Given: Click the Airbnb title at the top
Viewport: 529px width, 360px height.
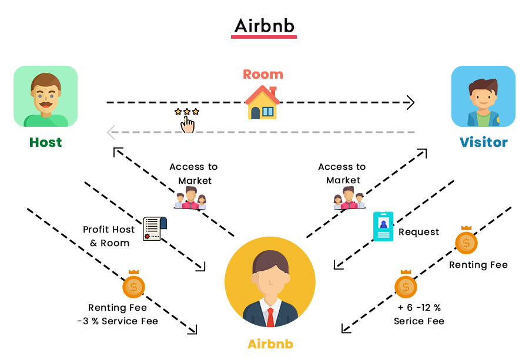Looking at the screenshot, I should pyautogui.click(x=264, y=26).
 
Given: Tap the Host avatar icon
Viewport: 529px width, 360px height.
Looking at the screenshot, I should pyautogui.click(x=46, y=96).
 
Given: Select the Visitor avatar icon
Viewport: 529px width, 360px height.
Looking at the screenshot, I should pyautogui.click(x=483, y=96).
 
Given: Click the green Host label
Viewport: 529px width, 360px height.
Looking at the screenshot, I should pyautogui.click(x=46, y=142).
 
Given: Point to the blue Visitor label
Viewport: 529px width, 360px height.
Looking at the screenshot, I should pyautogui.click(x=483, y=142).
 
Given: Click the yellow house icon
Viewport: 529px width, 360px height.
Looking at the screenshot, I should pyautogui.click(x=262, y=103).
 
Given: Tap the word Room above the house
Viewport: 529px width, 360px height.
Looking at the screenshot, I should pyautogui.click(x=263, y=75).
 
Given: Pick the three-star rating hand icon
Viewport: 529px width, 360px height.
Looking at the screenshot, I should pyautogui.click(x=187, y=120).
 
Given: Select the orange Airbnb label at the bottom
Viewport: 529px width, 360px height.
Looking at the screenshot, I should pyautogui.click(x=270, y=344).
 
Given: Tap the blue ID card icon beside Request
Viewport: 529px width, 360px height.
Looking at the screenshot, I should pyautogui.click(x=383, y=227).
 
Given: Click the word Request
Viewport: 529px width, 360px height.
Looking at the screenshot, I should pyautogui.click(x=418, y=232).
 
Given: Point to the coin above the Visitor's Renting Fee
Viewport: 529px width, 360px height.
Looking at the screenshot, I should pyautogui.click(x=467, y=241).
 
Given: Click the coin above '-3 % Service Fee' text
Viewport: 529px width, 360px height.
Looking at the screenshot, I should pyautogui.click(x=133, y=285).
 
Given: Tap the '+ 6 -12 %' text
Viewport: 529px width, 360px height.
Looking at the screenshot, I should pyautogui.click(x=418, y=308).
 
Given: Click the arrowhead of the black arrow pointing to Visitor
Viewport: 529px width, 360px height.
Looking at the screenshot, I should pyautogui.click(x=411, y=103).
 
